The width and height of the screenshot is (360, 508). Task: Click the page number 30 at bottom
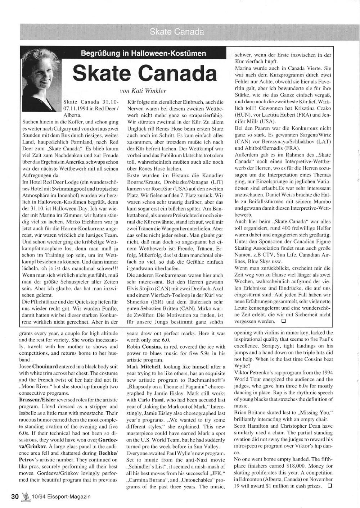15,496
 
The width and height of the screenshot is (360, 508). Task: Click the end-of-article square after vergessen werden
283,321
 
